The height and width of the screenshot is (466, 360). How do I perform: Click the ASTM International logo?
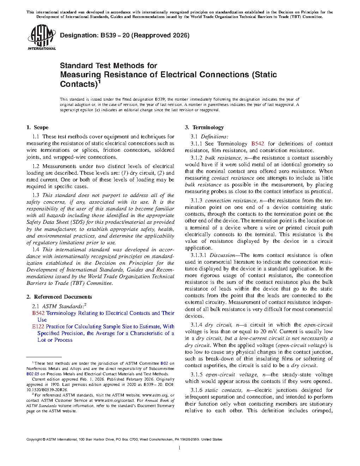coord(41,37)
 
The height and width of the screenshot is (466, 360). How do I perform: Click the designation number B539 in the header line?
coord(108,35)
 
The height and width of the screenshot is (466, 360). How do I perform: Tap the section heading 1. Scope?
coord(37,127)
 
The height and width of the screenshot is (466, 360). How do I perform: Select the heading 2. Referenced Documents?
coord(59,297)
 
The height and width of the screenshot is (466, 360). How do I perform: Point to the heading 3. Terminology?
coord(204,127)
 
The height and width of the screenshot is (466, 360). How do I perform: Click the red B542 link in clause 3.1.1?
coord(258,144)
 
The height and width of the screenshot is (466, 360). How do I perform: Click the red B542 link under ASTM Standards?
coord(38,313)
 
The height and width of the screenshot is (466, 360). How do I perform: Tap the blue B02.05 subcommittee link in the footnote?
coord(32,374)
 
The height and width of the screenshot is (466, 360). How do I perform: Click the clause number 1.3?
coord(36,195)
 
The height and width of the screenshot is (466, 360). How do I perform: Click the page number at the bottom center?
coord(180,448)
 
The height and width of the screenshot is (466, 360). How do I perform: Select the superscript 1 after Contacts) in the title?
coord(99,82)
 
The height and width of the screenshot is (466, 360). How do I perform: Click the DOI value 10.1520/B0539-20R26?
coord(47,390)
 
